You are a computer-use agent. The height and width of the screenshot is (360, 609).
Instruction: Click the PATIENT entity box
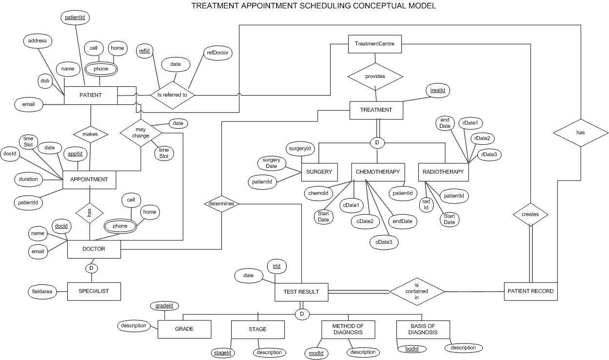pos(91,95)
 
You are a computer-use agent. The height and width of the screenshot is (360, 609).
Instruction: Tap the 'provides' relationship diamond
pos(375,76)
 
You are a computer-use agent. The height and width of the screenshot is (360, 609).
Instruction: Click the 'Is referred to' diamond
pos(172,95)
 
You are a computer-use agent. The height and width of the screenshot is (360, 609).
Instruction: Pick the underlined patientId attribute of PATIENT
pos(75,18)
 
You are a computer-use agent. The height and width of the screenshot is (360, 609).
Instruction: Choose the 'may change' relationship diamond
pos(140,132)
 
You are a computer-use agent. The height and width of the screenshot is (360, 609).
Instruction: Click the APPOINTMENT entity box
pos(89,180)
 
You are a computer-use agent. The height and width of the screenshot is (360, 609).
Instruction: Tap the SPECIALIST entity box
pos(94,291)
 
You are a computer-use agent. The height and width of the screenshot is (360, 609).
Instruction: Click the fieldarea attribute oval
pos(42,292)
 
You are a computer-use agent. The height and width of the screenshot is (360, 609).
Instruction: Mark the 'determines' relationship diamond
pos(221,203)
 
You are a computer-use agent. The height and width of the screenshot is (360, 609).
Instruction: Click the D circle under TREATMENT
pos(376,143)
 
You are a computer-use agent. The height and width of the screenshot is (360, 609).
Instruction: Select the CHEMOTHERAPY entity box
pos(378,172)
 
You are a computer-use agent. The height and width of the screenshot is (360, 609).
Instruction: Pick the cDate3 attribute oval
pos(384,242)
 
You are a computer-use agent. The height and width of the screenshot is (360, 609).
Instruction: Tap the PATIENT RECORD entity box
pos(530,291)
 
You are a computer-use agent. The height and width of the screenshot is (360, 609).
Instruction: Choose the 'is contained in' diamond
pos(417,291)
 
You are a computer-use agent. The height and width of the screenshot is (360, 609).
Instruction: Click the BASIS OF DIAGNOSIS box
pos(423,330)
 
